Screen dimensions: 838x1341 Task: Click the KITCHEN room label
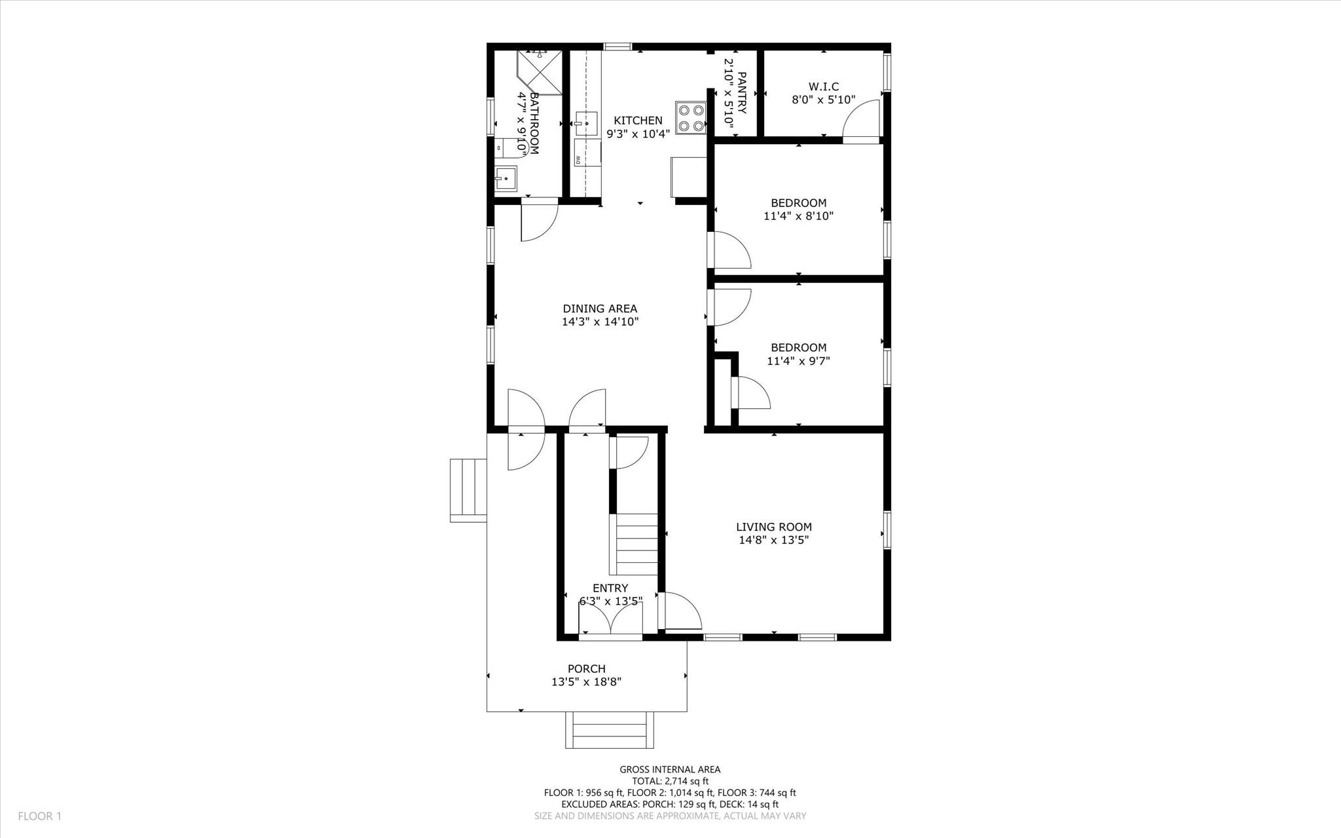[638, 121]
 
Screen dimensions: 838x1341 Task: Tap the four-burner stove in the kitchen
[691, 119]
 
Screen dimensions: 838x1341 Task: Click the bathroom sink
[505, 178]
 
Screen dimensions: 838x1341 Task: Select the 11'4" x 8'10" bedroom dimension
[798, 216]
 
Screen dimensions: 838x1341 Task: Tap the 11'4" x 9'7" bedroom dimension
[798, 360]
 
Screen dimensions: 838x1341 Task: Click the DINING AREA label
[600, 309]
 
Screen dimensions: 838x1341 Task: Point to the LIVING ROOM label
[773, 527]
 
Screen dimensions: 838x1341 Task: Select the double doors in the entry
[610, 619]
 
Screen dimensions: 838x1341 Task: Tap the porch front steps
[610, 729]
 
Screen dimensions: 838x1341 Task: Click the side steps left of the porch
[468, 490]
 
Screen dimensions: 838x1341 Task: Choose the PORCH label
[586, 669]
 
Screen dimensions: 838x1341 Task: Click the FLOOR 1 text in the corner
[39, 816]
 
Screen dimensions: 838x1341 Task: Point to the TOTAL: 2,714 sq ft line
[670, 781]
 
